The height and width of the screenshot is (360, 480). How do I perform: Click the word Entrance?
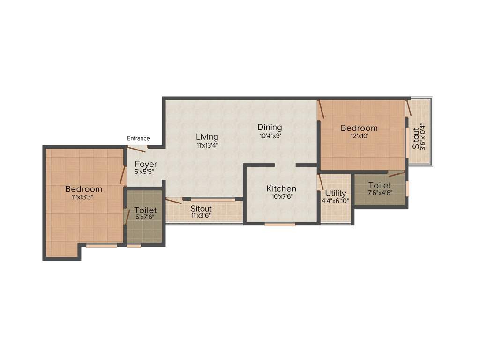(x=138, y=138)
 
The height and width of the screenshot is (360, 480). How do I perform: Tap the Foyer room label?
(x=146, y=164)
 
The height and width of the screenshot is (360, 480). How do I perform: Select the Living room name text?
(x=207, y=137)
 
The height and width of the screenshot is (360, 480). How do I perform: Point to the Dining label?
(x=270, y=127)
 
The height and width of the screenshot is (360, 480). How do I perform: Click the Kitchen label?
(x=281, y=188)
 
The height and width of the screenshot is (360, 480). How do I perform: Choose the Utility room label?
(x=336, y=193)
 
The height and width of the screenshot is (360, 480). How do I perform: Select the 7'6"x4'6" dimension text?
(x=380, y=192)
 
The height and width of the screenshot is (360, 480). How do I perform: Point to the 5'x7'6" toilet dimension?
(x=145, y=217)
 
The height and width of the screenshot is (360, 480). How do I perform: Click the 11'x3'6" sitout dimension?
(x=201, y=216)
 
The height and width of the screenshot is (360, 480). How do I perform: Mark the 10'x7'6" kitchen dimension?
(x=281, y=196)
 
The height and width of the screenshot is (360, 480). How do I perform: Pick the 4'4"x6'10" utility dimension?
(x=336, y=201)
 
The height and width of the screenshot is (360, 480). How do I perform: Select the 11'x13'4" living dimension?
(x=207, y=145)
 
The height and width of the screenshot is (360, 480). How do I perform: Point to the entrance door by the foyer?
(x=137, y=149)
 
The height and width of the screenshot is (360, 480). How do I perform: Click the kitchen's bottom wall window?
(x=280, y=225)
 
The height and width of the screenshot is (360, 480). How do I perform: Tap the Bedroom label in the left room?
(x=83, y=189)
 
